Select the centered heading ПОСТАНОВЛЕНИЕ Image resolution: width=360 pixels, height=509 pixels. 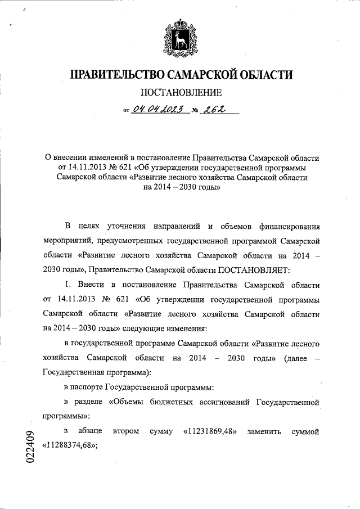point(181,92)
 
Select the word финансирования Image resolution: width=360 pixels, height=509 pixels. point(289,226)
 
